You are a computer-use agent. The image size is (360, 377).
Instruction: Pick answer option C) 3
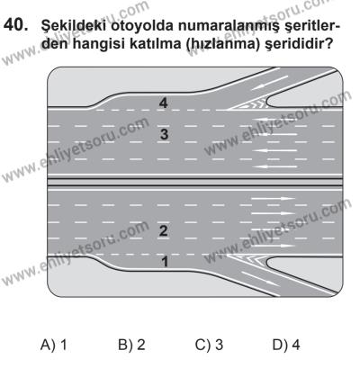point(215,343)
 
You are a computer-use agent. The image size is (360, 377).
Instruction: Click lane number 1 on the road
point(162,261)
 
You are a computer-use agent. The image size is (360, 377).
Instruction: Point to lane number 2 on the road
point(164,231)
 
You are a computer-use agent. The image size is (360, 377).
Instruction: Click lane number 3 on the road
point(164,134)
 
